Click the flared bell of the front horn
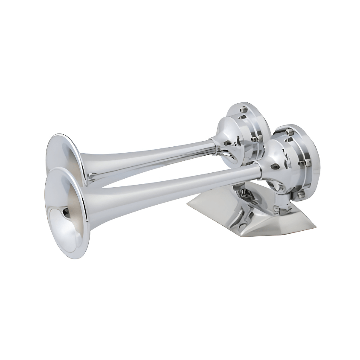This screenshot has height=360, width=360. [x=68, y=213]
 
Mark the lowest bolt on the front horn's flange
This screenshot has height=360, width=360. [x=301, y=194]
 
